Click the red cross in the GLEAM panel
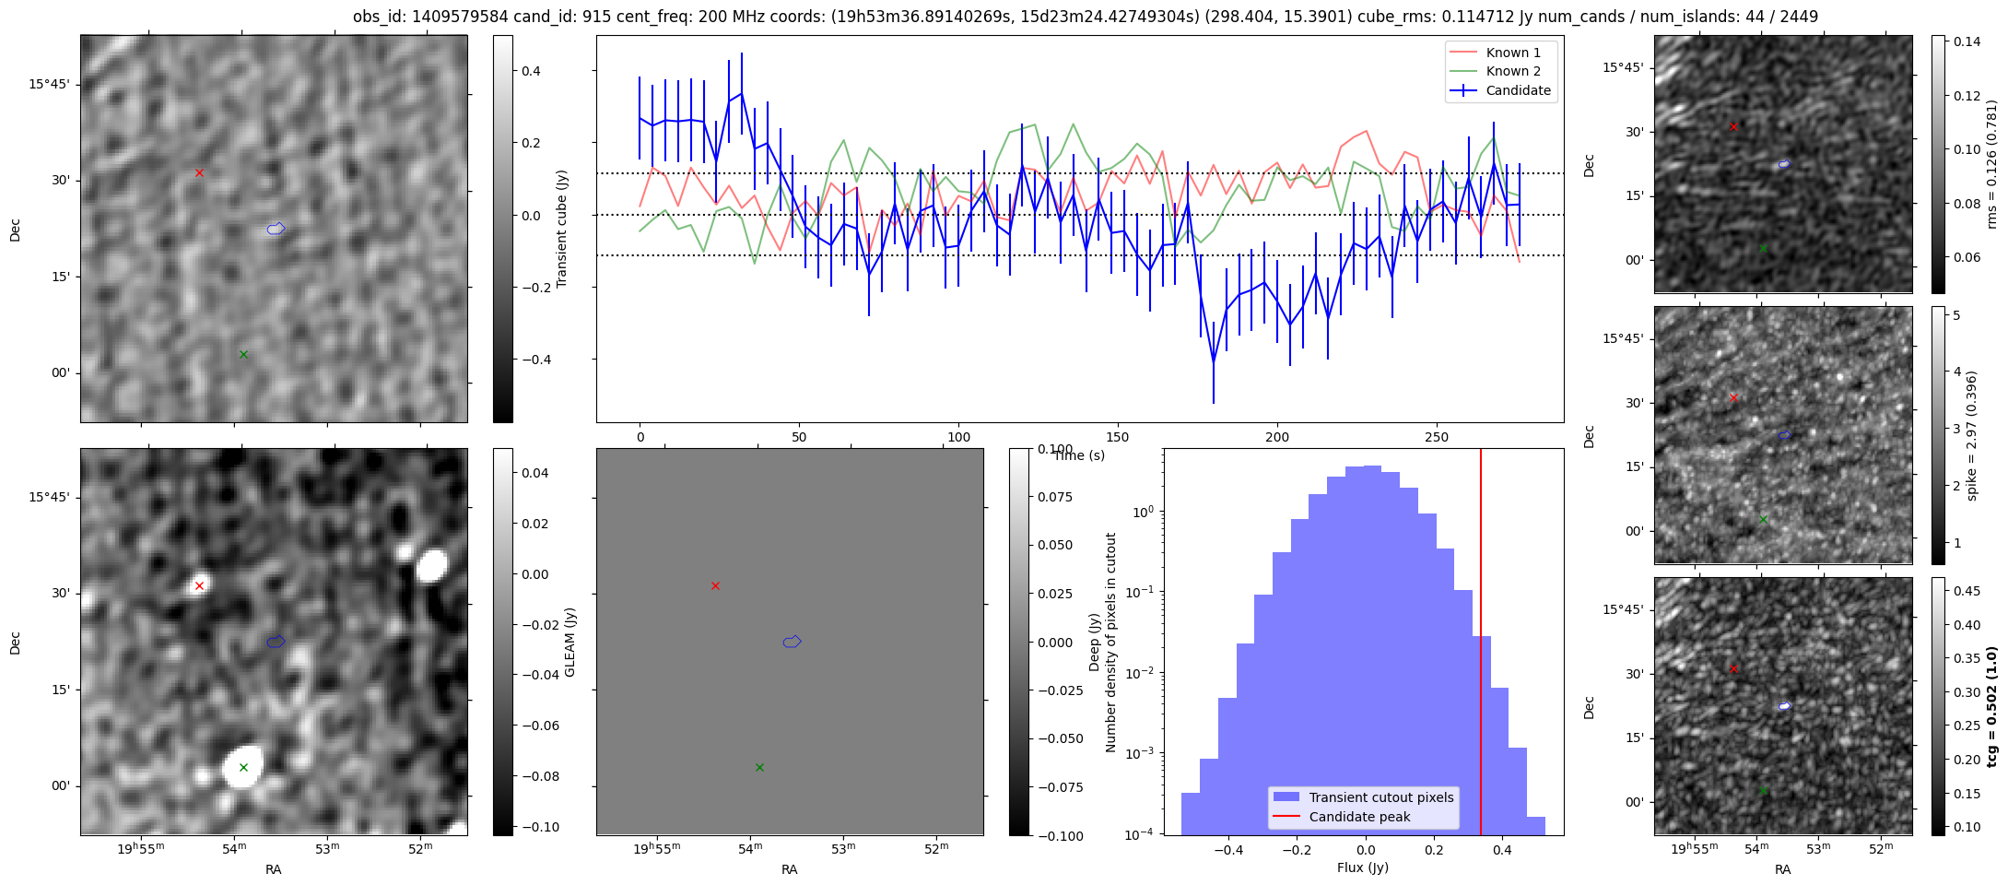tap(199, 585)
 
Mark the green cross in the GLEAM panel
tap(243, 767)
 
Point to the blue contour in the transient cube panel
tap(276, 229)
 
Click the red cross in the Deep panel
tap(715, 585)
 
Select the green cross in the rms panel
tap(1763, 248)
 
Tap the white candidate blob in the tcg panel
tap(1785, 706)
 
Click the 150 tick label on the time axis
tap(1118, 437)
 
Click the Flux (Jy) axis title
tap(1362, 867)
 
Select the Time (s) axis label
tap(1079, 455)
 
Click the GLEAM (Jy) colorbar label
tap(570, 642)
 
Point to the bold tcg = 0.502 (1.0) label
tap(1992, 706)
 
